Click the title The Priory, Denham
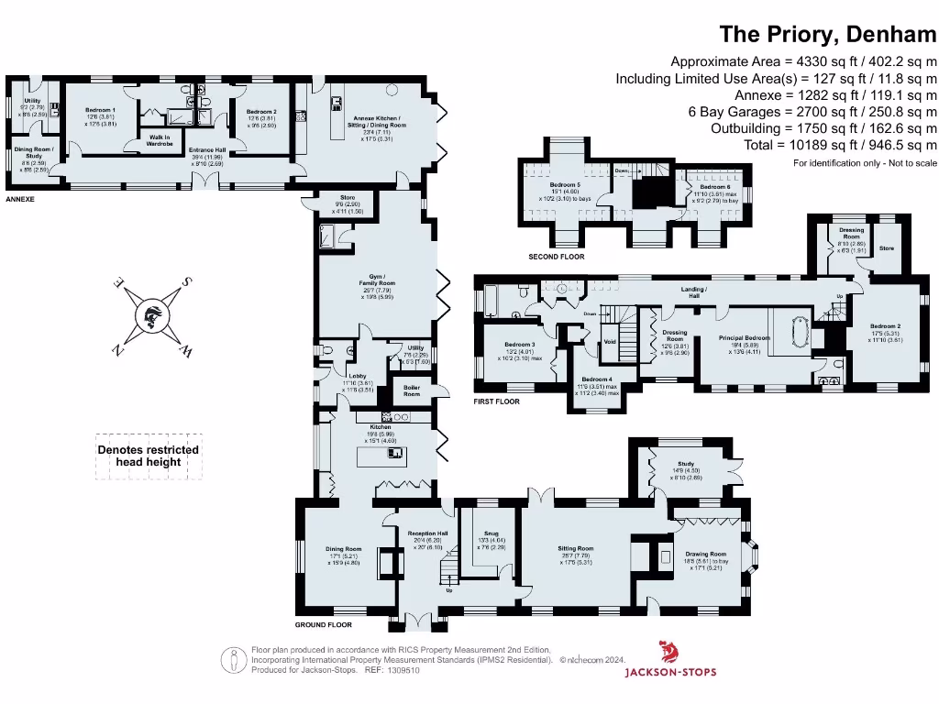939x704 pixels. [828, 35]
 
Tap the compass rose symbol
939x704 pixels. [152, 316]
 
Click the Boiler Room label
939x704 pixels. [411, 389]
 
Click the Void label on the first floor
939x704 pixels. [610, 341]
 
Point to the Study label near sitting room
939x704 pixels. [685, 466]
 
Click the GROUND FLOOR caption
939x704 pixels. [323, 625]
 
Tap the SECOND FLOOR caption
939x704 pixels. [556, 257]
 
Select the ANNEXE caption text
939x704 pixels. [19, 198]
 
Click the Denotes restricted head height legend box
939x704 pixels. [149, 456]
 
